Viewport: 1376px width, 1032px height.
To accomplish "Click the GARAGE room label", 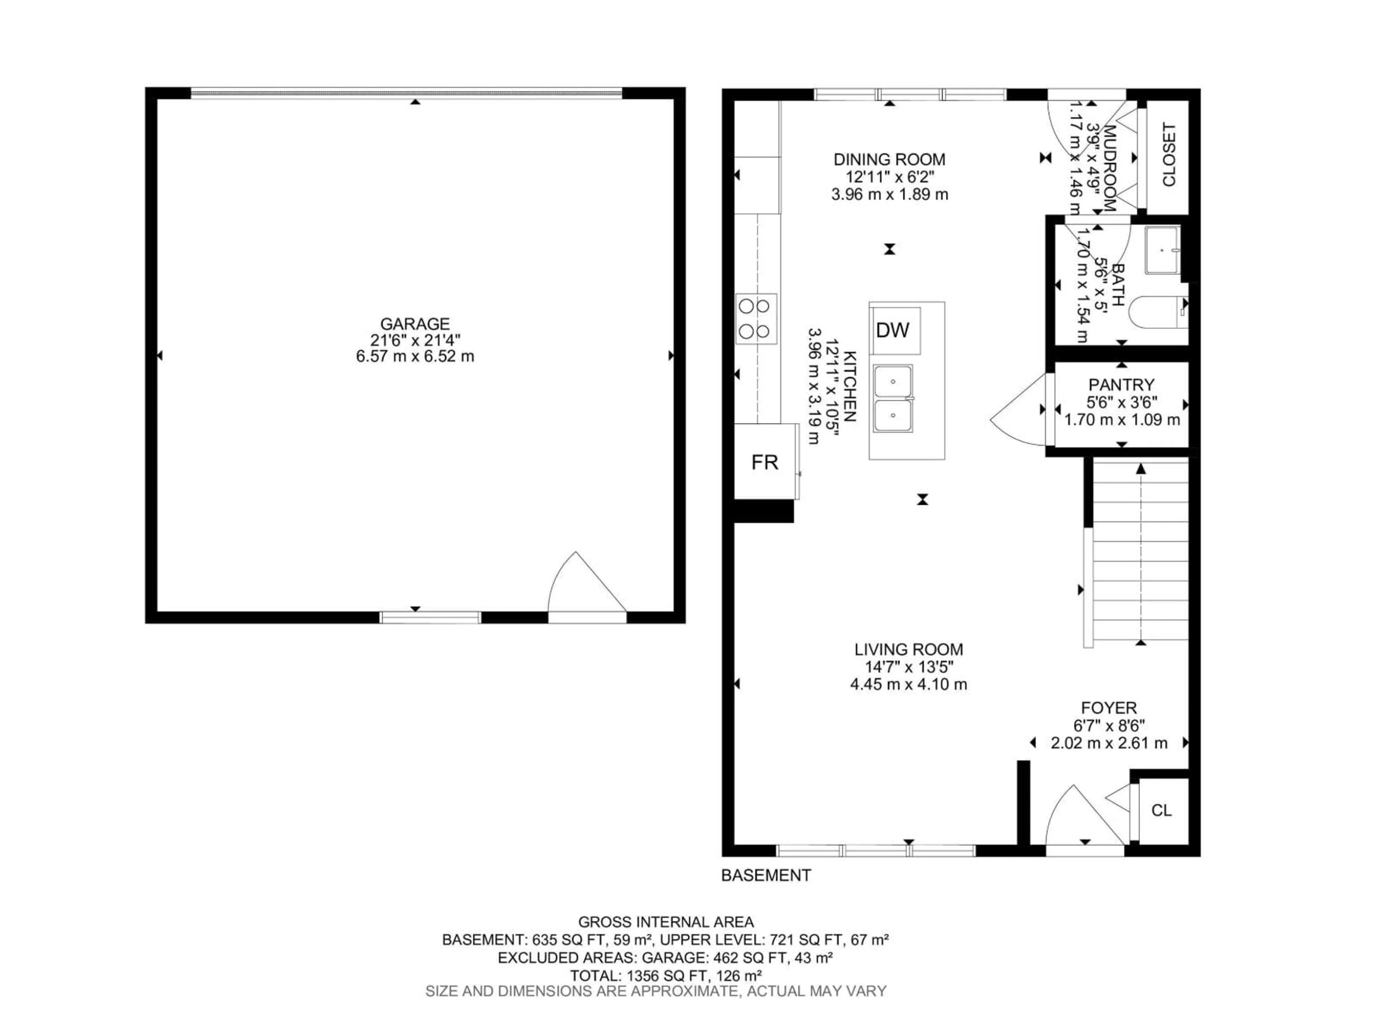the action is click(x=415, y=324).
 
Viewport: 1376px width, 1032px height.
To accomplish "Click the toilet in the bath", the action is click(x=1158, y=313).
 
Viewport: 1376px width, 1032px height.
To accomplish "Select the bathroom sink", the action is click(x=1163, y=250).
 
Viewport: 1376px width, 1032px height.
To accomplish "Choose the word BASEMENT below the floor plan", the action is click(x=766, y=875).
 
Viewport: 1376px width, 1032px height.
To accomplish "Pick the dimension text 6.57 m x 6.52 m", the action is click(x=415, y=357).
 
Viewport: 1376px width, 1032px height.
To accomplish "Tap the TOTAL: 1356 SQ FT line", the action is click(x=666, y=975).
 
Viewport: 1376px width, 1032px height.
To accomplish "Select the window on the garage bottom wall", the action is click(x=430, y=617).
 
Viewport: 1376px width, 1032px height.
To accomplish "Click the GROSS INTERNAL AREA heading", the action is click(x=666, y=922).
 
